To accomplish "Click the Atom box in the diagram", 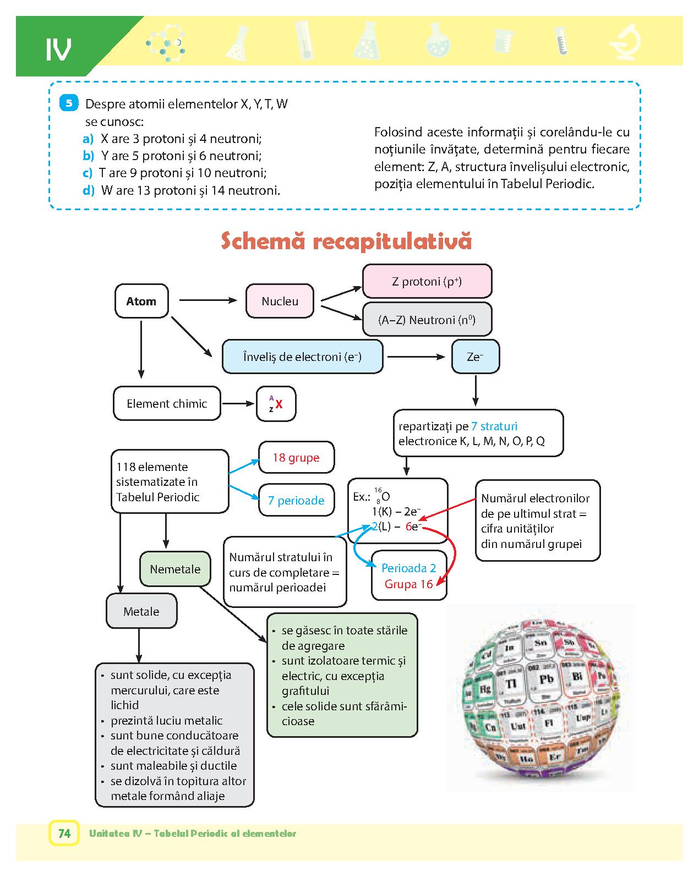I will coord(141,301).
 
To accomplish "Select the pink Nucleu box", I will coord(280,301).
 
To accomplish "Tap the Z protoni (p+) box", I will coord(427,281).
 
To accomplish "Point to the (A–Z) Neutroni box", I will coord(427,320).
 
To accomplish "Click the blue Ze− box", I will coord(475,357).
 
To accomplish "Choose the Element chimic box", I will coord(167,403).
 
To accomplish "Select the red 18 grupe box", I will coord(296,457).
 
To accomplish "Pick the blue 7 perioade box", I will coord(296,500).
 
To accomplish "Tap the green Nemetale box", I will coord(175,569).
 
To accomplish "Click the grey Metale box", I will coord(141,611).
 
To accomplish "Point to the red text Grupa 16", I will coord(408,584).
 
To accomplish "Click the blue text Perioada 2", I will coord(408,568).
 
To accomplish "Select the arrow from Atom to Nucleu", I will coord(207,300).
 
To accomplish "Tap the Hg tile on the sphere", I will coord(485,688).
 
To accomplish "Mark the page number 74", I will coord(64,834).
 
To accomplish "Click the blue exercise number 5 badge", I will coord(69,103).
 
